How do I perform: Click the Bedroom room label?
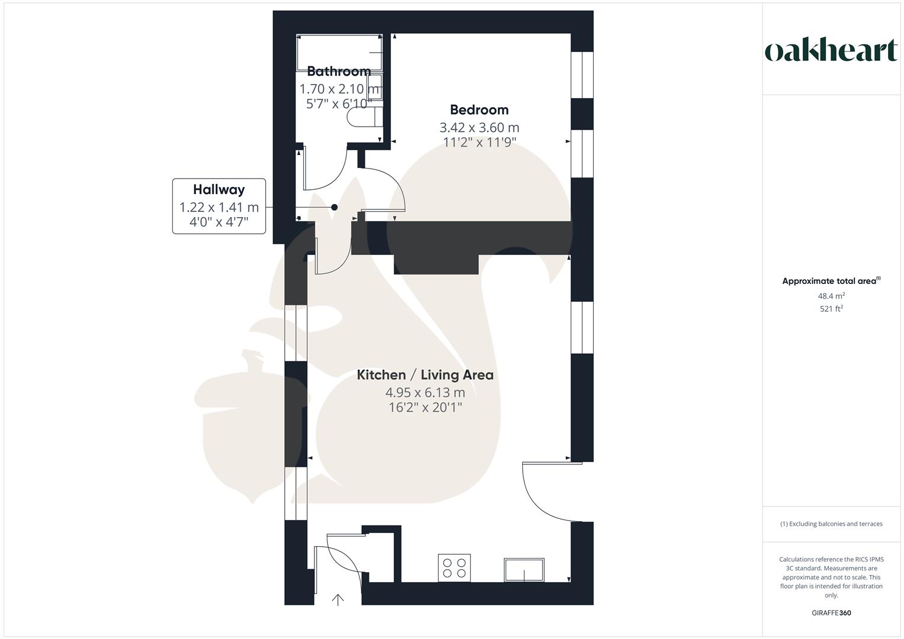click(479, 110)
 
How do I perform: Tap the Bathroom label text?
click(339, 72)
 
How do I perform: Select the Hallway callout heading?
click(218, 190)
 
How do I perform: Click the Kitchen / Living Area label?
click(425, 375)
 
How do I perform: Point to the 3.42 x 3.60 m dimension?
click(479, 128)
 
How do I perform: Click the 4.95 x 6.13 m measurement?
click(425, 392)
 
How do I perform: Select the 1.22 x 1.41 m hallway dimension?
click(218, 208)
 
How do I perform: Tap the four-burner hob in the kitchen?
click(454, 568)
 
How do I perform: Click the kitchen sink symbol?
click(524, 570)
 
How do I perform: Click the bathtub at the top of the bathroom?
click(339, 52)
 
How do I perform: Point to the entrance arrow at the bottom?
click(337, 600)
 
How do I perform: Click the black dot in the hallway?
click(334, 207)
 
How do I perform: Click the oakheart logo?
click(831, 51)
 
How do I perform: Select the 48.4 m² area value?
click(831, 296)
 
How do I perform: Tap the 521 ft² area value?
click(831, 309)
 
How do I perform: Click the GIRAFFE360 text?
click(831, 613)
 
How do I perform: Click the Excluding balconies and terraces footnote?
click(831, 524)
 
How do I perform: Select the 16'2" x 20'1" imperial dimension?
click(425, 408)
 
